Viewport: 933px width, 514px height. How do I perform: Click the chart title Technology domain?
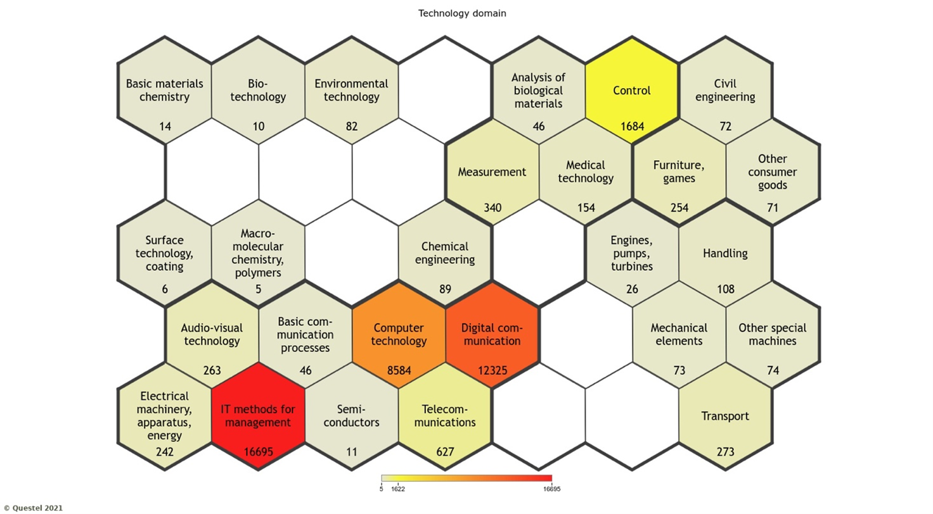click(462, 13)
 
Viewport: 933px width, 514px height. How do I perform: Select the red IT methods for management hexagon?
click(258, 417)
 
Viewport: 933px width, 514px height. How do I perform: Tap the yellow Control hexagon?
click(632, 91)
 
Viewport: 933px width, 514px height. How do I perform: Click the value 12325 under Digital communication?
click(492, 370)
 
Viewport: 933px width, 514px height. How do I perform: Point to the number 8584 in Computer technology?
click(399, 370)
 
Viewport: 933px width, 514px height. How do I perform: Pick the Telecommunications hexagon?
click(445, 417)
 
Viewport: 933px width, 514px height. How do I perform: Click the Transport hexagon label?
click(725, 416)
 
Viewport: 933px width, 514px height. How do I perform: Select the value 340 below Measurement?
click(492, 208)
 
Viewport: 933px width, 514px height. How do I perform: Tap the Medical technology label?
click(586, 172)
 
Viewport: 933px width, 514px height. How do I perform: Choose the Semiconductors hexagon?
click(352, 417)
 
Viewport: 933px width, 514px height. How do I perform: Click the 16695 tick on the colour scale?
click(551, 489)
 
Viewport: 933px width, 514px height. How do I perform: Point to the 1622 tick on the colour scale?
click(399, 489)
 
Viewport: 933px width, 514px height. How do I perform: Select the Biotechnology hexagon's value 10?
click(259, 126)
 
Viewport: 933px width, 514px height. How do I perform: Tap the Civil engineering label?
click(725, 91)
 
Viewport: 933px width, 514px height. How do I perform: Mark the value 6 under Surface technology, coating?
click(165, 289)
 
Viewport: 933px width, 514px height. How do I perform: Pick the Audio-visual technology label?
click(211, 334)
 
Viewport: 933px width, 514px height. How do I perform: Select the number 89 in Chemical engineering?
click(445, 289)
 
